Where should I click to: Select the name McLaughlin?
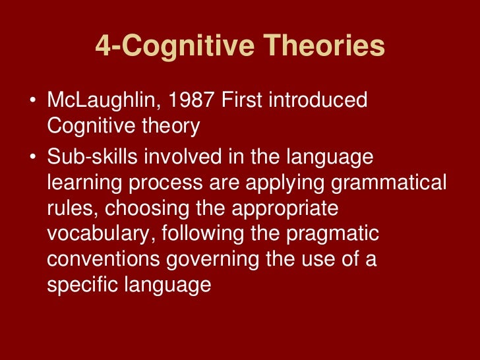pyautogui.click(x=105, y=101)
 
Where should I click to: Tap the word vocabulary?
pyautogui.click(x=96, y=233)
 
